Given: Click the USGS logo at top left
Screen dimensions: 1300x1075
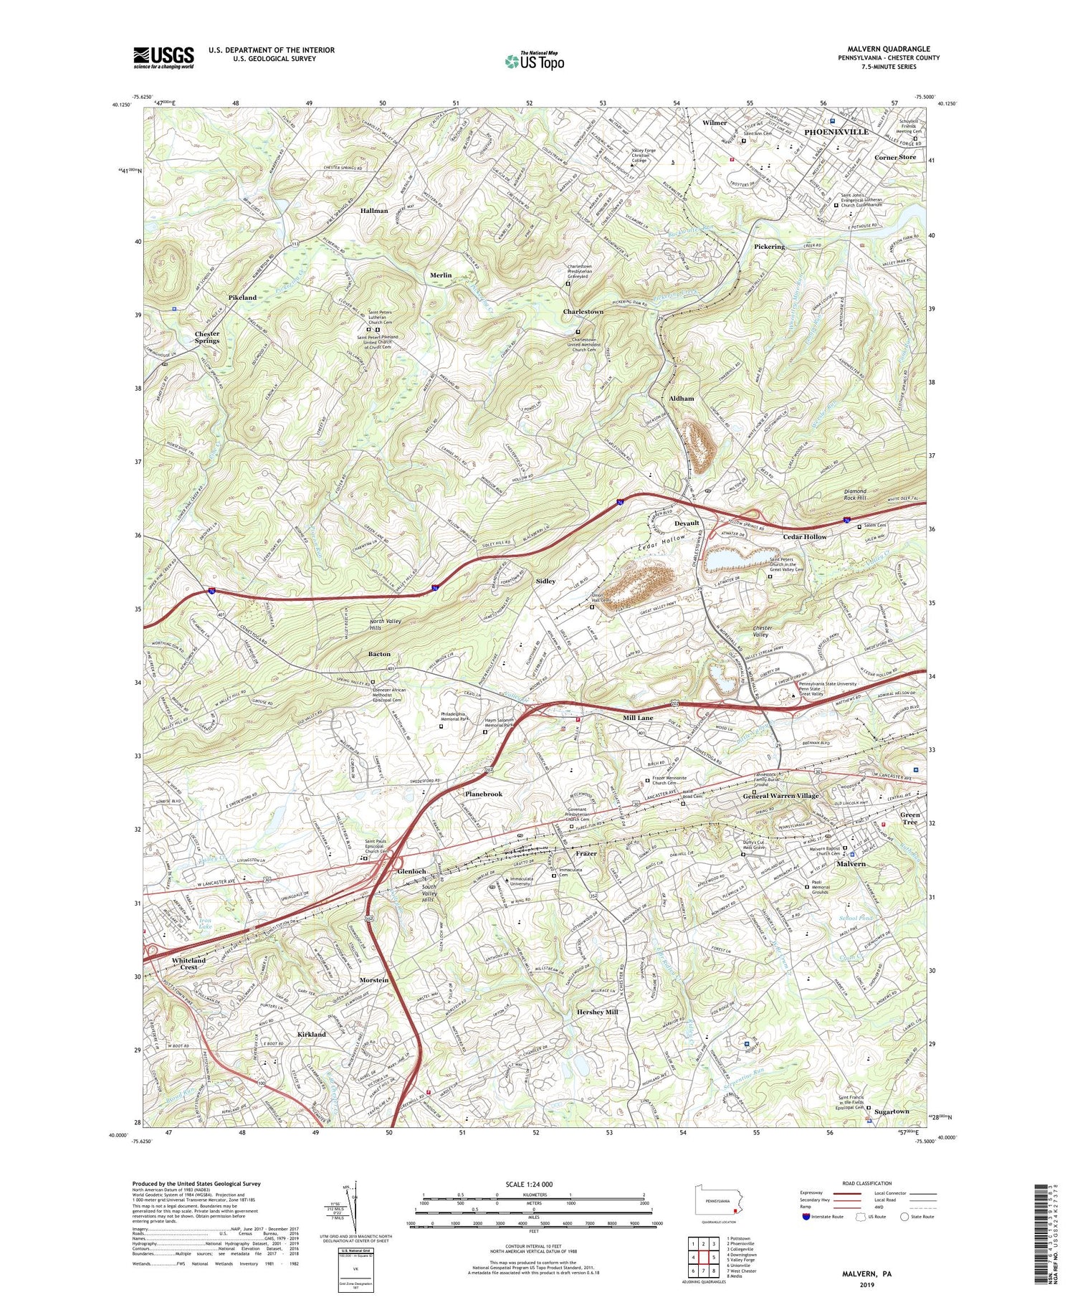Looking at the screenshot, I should click(x=163, y=57).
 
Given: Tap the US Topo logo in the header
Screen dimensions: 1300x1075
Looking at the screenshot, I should click(x=534, y=62).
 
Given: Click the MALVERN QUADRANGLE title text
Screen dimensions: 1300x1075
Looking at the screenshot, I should click(x=889, y=49).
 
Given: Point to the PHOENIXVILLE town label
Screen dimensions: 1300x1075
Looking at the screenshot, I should click(x=836, y=132).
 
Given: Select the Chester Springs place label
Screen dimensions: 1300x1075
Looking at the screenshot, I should click(x=207, y=337).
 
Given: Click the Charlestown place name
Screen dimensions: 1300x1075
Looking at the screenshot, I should click(x=583, y=312).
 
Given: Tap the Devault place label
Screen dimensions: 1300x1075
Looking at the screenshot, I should click(x=687, y=523).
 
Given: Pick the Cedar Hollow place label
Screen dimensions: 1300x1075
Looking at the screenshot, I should click(x=804, y=537).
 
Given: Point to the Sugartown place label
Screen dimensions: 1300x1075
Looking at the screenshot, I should click(x=891, y=1111).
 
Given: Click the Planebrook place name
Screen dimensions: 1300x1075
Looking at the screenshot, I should click(x=484, y=794).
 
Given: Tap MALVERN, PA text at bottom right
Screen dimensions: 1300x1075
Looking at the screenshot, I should click(x=866, y=1273).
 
